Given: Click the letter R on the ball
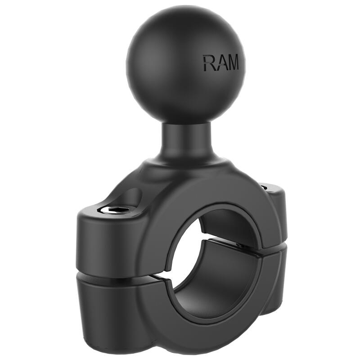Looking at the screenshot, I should (209, 63).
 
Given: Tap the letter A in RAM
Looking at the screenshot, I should (220, 63).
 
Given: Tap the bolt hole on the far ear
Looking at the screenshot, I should (265, 184).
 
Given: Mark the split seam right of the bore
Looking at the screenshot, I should (270, 252).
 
